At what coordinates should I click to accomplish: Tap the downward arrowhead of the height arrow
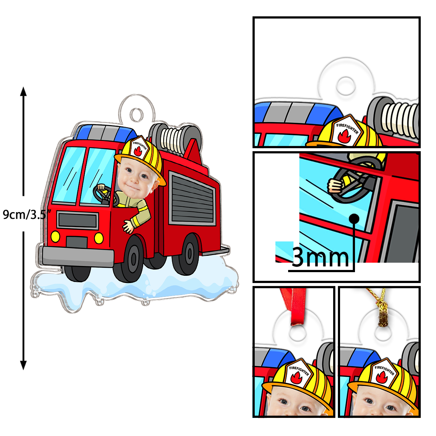click(x=24, y=365)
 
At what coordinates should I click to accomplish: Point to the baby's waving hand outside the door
click(x=128, y=226)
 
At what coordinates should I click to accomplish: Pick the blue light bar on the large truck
click(x=105, y=133)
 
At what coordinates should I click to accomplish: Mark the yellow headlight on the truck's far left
click(x=55, y=237)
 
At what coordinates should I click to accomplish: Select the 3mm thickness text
click(x=320, y=258)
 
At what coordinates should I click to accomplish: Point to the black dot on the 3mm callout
click(x=354, y=218)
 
